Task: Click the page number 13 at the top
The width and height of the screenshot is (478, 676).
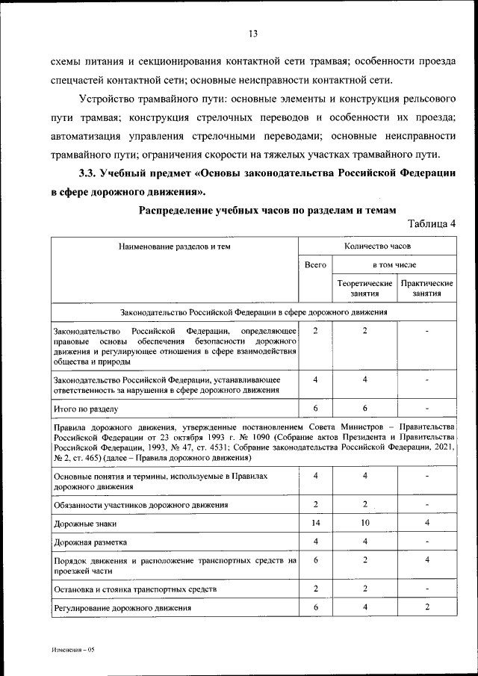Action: coord(253,34)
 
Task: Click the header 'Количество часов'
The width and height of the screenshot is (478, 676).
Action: coord(377,245)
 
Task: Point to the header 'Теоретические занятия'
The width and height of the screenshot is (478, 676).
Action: coord(364,289)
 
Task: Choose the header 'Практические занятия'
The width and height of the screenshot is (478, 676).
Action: coord(426,289)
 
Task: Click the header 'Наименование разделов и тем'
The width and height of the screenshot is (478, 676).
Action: coord(174,245)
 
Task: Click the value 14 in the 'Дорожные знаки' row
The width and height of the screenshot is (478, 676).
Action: coord(316,524)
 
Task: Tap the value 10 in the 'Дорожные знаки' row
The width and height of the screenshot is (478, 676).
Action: coord(364,524)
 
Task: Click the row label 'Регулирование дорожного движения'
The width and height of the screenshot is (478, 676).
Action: coord(122,608)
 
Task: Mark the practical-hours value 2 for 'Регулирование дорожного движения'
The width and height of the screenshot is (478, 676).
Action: coord(426,607)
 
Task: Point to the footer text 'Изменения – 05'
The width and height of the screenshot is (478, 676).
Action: coord(73,650)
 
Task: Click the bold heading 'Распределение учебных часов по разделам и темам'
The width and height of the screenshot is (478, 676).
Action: coord(264,211)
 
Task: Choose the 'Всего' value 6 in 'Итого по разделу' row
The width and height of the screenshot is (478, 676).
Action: coord(316,409)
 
